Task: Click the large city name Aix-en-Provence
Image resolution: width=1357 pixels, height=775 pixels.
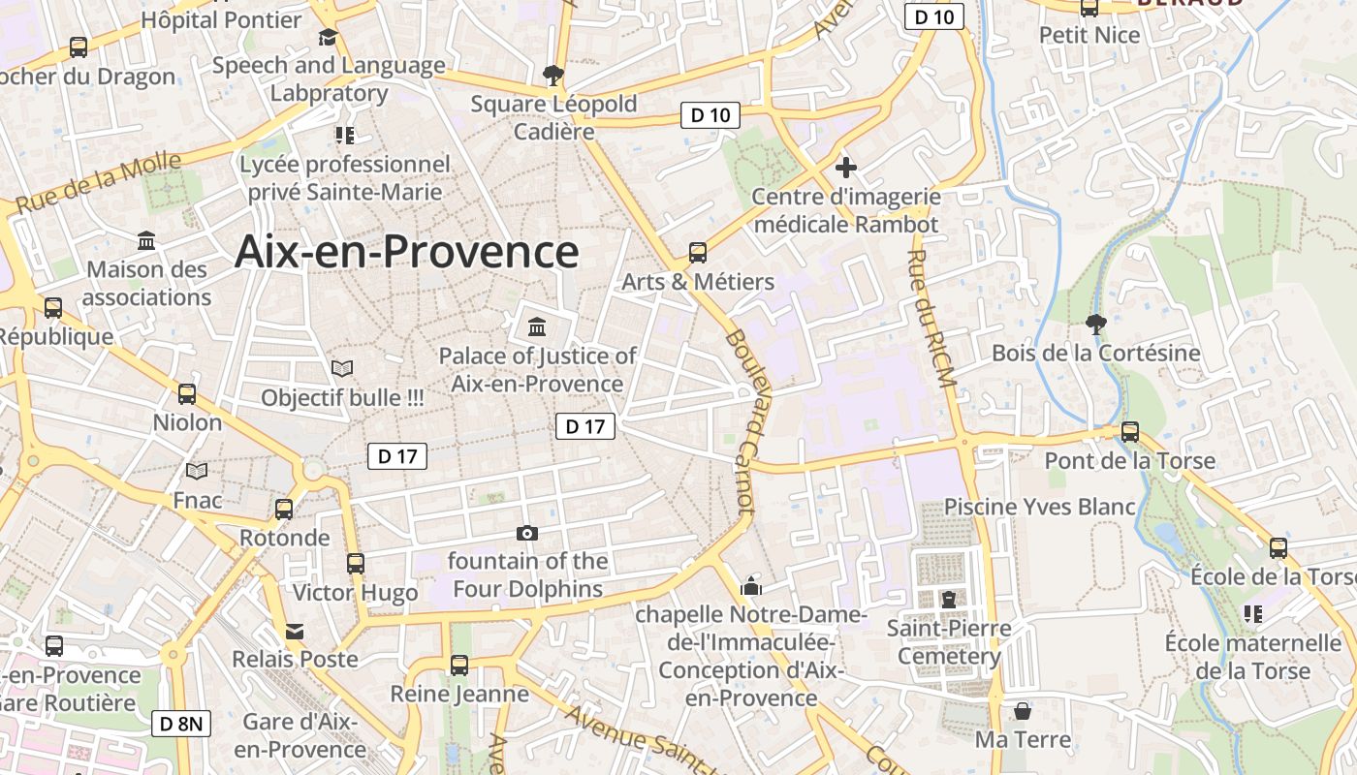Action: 407,252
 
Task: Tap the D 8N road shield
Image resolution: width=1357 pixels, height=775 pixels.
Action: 181,723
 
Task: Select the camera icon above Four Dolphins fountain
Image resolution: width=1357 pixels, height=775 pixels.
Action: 527,533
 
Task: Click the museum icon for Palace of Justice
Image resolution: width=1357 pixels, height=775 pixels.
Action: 537,326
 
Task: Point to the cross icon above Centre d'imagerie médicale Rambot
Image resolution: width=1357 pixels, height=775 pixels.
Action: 846,167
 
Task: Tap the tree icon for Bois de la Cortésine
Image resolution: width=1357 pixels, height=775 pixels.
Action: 1095,324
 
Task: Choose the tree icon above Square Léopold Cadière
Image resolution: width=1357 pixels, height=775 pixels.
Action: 553,74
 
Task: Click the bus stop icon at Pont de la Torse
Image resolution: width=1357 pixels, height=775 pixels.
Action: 1130,431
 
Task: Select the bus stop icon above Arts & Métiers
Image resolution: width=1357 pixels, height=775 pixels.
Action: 698,253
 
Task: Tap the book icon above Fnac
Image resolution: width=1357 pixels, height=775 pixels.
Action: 197,472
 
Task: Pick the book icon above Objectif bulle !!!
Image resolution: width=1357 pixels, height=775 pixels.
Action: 342,368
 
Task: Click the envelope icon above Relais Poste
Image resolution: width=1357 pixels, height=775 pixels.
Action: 295,631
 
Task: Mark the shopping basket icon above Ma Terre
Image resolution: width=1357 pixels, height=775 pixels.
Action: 1023,711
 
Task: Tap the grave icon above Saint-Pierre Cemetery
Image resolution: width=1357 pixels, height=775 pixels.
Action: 948,600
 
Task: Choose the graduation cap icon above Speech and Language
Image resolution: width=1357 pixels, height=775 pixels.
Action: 328,37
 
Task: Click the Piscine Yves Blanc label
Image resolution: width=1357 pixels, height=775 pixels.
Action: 1040,507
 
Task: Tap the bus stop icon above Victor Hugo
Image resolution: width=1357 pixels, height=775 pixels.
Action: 356,563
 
